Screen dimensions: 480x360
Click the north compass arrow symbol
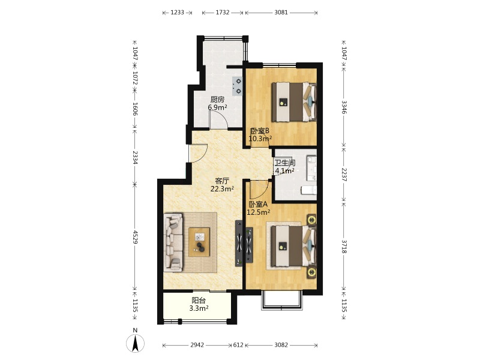(135, 343)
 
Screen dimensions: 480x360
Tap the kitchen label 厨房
(217, 100)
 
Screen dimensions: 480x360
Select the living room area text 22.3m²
(222, 189)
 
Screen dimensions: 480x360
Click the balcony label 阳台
(199, 301)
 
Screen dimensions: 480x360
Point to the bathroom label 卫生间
(284, 163)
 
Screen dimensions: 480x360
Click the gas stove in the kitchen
(238, 86)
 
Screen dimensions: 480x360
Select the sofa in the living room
(173, 242)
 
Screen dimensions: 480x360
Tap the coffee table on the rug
(199, 242)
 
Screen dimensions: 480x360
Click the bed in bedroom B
(294, 102)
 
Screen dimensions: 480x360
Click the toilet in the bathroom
(308, 190)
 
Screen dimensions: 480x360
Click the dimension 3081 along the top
(281, 13)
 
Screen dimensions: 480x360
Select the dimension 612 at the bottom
(238, 346)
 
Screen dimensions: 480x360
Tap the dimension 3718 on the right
(344, 247)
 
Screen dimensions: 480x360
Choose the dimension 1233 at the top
(177, 13)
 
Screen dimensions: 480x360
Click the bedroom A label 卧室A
(259, 204)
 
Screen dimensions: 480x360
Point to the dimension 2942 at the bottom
(197, 346)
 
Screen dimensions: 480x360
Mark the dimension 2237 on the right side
(344, 175)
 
